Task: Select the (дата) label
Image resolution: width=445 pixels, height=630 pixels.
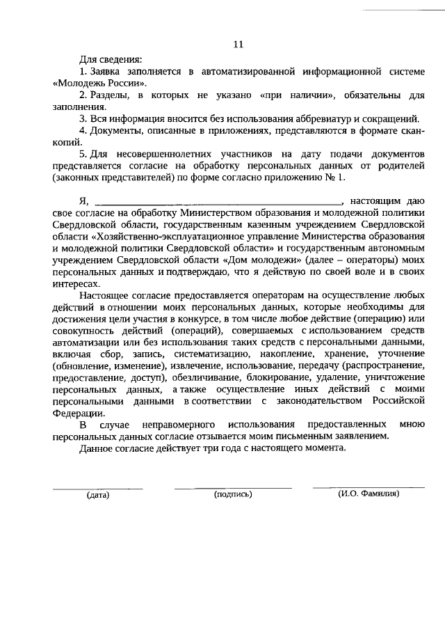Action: coord(98,496)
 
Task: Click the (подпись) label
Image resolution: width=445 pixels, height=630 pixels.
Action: coord(233,495)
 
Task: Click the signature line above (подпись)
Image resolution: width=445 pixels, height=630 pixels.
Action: coord(233,487)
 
